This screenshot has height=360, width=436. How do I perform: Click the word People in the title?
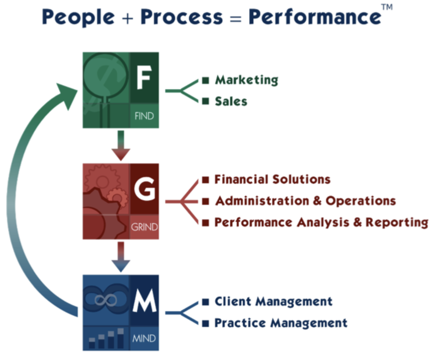[78, 17]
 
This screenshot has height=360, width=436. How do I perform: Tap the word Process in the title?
[181, 17]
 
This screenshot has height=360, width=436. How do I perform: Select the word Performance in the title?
[315, 17]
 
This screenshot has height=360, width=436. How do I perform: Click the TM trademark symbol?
[387, 7]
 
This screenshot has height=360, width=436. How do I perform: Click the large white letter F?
[144, 78]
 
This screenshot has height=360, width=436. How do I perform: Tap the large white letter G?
[144, 189]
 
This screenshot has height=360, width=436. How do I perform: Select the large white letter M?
[144, 300]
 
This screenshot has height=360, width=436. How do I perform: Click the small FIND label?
[144, 116]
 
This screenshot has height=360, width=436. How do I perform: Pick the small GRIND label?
[144, 227]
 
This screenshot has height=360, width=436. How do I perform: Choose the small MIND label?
[144, 338]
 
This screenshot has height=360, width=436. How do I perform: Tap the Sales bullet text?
[231, 101]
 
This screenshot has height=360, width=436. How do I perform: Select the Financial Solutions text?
[272, 179]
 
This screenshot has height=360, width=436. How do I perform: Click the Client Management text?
[274, 302]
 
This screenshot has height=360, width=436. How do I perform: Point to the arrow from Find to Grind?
[120, 146]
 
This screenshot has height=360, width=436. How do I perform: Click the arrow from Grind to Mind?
[120, 257]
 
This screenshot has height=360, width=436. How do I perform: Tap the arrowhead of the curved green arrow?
[67, 95]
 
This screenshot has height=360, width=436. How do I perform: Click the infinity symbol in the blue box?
[106, 300]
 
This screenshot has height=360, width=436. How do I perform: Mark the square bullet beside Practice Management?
[206, 323]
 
